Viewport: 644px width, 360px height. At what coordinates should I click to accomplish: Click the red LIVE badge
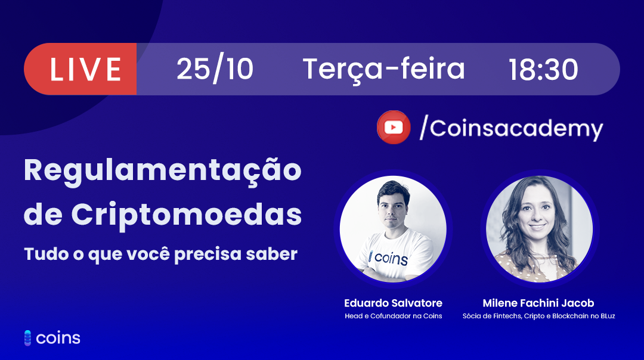pyautogui.click(x=80, y=69)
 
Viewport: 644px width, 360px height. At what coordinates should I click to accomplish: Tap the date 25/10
pyautogui.click(x=215, y=69)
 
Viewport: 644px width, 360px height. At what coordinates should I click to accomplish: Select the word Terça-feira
pyautogui.click(x=384, y=69)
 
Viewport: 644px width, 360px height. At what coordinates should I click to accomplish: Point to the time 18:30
pyautogui.click(x=543, y=69)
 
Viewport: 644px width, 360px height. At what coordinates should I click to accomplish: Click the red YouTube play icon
pyautogui.click(x=394, y=128)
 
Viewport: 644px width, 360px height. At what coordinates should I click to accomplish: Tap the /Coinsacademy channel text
pyautogui.click(x=511, y=128)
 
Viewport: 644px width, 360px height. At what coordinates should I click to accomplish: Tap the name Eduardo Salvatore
pyautogui.click(x=393, y=303)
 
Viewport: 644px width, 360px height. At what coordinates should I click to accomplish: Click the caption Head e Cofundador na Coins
pyautogui.click(x=393, y=316)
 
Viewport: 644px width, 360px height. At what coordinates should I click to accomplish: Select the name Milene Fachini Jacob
pyautogui.click(x=538, y=303)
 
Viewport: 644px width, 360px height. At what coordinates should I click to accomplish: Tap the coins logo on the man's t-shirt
pyautogui.click(x=388, y=258)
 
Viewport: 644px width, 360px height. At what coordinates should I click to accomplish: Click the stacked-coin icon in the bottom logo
pyautogui.click(x=27, y=338)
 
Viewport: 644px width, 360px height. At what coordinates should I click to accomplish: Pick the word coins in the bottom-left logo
pyautogui.click(x=58, y=338)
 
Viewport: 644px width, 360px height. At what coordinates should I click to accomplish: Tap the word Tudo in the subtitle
pyautogui.click(x=45, y=254)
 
